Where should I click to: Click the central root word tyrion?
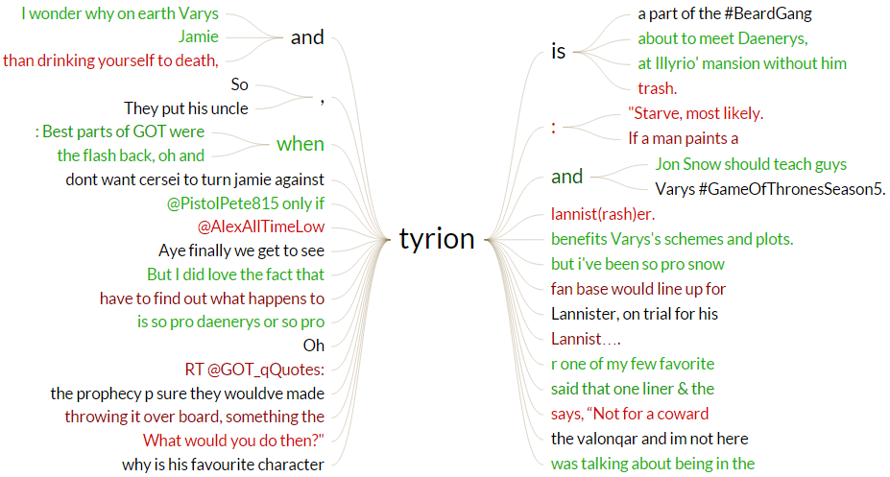click(437, 239)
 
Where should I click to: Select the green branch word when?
click(301, 145)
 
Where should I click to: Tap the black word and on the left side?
click(307, 37)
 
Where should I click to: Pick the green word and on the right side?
click(566, 176)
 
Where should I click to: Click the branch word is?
click(558, 52)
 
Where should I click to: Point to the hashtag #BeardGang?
click(767, 14)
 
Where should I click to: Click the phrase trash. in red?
click(658, 89)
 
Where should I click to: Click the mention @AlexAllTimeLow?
click(261, 227)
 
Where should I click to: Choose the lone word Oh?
click(314, 345)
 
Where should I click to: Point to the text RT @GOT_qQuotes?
click(254, 370)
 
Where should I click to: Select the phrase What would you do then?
click(233, 441)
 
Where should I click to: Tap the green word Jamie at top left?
click(199, 37)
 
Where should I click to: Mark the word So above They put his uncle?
click(240, 85)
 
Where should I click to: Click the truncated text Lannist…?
click(586, 339)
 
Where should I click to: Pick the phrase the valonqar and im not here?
click(649, 439)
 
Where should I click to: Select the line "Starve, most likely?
click(696, 114)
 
